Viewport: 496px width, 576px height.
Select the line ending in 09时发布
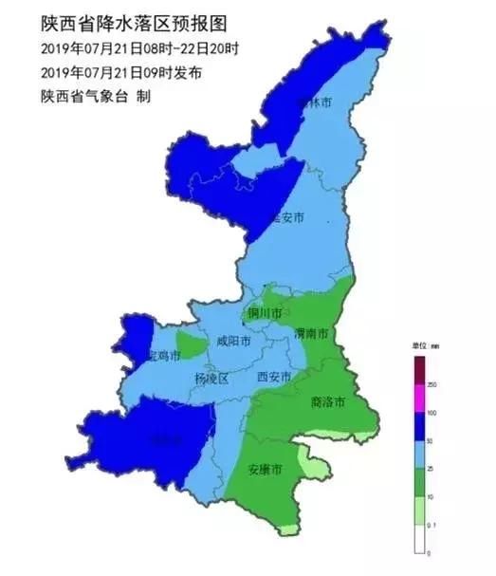(121, 72)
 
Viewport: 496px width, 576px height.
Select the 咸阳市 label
(233, 342)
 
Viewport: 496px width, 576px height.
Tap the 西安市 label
(275, 377)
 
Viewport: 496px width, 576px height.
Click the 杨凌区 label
(212, 379)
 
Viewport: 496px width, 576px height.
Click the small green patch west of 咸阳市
(191, 344)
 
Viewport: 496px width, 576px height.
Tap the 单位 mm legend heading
(424, 346)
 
